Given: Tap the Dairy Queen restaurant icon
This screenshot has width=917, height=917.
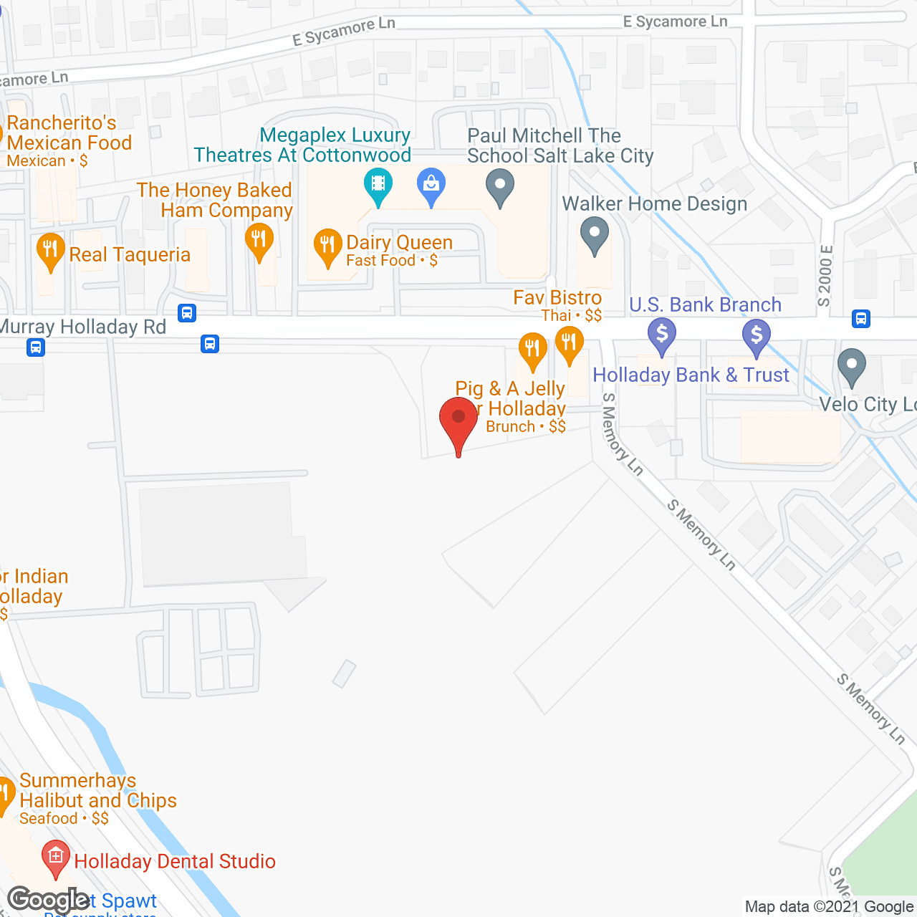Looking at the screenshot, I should (x=327, y=245).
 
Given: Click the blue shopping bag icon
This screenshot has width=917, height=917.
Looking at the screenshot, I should (x=431, y=184).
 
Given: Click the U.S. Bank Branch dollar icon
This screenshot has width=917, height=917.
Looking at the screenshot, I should (x=662, y=335).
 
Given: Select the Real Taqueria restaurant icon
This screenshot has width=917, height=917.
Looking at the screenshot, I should (x=50, y=250).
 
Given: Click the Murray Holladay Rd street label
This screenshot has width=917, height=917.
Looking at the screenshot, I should (x=83, y=327).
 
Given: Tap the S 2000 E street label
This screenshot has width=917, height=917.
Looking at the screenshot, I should (x=826, y=276).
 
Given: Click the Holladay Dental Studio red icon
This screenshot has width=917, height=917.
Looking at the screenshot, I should (x=56, y=857).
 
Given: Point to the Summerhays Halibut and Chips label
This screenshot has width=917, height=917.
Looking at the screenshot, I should (x=98, y=791).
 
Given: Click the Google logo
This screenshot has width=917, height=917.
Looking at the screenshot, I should (x=49, y=900).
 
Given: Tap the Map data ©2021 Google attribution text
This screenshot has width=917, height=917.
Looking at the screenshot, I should (x=829, y=907).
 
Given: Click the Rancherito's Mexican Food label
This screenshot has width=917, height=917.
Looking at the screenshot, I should (x=69, y=133).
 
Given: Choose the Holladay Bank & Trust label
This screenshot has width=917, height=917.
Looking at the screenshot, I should (x=691, y=375).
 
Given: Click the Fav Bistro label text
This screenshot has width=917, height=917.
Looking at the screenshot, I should (x=557, y=298).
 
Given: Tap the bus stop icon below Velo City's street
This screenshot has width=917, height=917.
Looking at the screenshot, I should (x=861, y=319).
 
